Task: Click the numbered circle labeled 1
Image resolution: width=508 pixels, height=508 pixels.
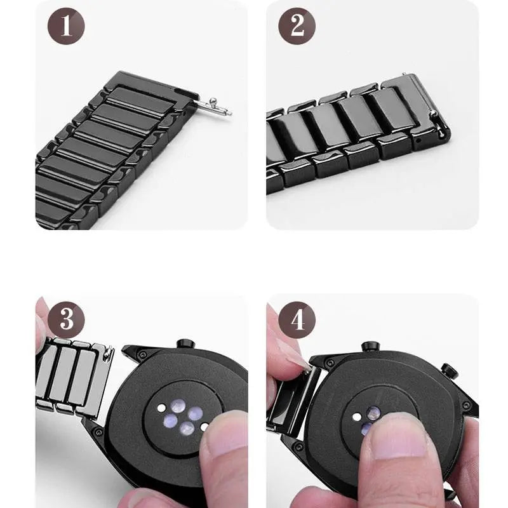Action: (66, 27)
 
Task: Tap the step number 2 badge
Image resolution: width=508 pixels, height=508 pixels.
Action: (297, 27)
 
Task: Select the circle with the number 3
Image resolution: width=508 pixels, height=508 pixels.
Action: (66, 319)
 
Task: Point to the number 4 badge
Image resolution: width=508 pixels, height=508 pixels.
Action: (297, 319)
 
